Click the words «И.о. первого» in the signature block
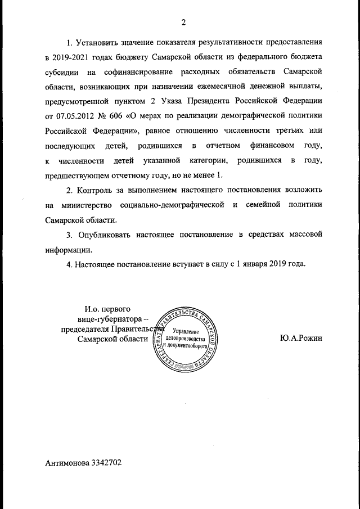coord(108,309)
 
